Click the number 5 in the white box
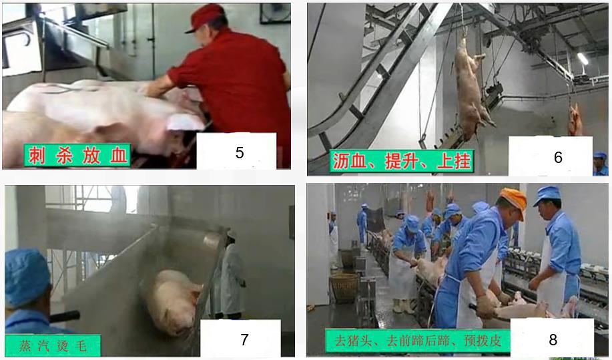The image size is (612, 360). (240, 153)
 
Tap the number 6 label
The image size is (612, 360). (558, 157)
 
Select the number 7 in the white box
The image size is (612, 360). (245, 339)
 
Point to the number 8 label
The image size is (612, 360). (553, 339)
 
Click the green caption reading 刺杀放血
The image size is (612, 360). (77, 156)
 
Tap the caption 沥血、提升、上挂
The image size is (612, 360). (402, 161)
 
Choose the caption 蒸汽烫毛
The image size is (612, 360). (53, 345)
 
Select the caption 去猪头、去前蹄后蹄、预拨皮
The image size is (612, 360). (418, 341)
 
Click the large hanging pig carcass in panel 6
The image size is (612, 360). (471, 89)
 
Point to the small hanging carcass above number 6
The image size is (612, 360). (575, 120)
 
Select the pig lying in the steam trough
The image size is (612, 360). (173, 301)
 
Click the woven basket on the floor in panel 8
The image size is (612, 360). (344, 288)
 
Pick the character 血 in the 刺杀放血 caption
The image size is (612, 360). (119, 156)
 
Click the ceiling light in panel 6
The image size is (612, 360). (583, 59)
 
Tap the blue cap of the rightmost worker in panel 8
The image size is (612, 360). (547, 194)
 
